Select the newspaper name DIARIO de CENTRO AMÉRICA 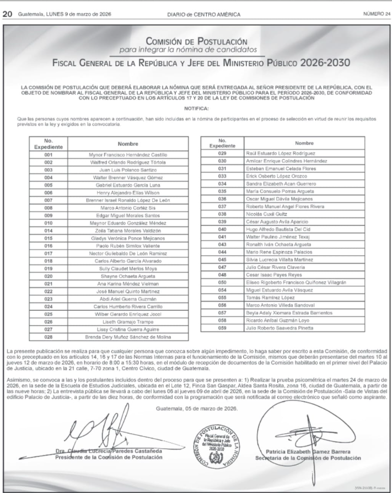point(196,6)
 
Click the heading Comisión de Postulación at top point(196,41)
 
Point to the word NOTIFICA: point(196,108)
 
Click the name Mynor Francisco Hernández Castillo point(127,155)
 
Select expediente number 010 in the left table point(48,222)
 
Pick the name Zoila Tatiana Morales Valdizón point(127,230)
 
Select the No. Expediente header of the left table point(48,144)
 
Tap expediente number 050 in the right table point(223,282)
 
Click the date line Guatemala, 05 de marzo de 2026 point(196,409)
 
